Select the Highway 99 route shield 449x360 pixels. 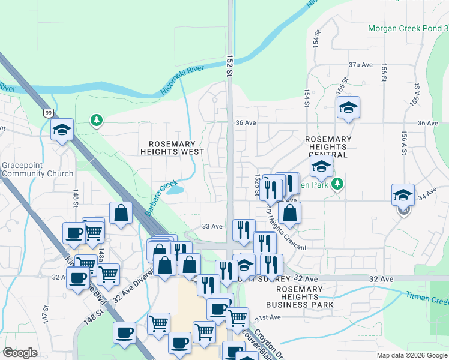[x=48, y=112]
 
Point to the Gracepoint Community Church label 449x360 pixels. [x=37, y=169]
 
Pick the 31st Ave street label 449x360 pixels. [x=268, y=317]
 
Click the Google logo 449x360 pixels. [x=20, y=353]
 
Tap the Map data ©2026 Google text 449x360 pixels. [x=412, y=355]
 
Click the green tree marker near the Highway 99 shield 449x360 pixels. [x=96, y=121]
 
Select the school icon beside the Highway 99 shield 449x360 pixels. [x=62, y=130]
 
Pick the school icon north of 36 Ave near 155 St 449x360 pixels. [x=348, y=108]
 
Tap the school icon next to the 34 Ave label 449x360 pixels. [x=403, y=194]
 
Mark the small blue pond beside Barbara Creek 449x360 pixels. [x=175, y=190]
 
